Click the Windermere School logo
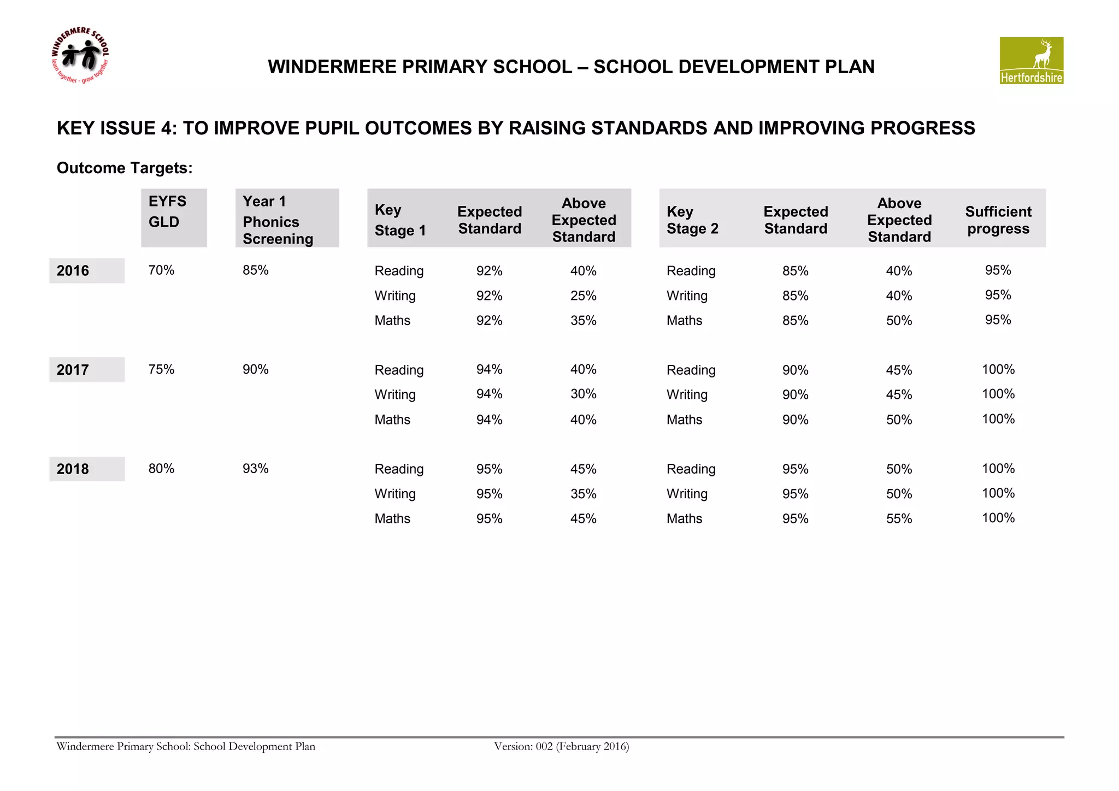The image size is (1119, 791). pos(80,56)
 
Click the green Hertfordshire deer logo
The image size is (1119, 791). pos(1031,61)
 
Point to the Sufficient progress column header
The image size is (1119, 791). pos(998,220)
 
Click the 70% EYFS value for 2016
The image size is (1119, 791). pos(161,270)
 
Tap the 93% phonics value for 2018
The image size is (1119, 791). pos(255,468)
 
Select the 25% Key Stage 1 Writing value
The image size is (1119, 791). pos(583,296)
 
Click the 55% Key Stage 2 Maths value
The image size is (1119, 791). pos(899,518)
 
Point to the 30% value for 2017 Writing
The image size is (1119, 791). pos(583,394)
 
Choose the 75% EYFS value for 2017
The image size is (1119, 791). pos(161,369)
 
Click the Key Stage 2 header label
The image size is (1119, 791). pos(692,220)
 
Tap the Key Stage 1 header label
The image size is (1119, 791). pos(399,220)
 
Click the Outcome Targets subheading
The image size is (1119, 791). pos(125,168)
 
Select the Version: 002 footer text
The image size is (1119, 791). pos(561,746)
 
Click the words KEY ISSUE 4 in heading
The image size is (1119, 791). pos(116,128)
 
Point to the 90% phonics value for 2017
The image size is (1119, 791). pos(255,369)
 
